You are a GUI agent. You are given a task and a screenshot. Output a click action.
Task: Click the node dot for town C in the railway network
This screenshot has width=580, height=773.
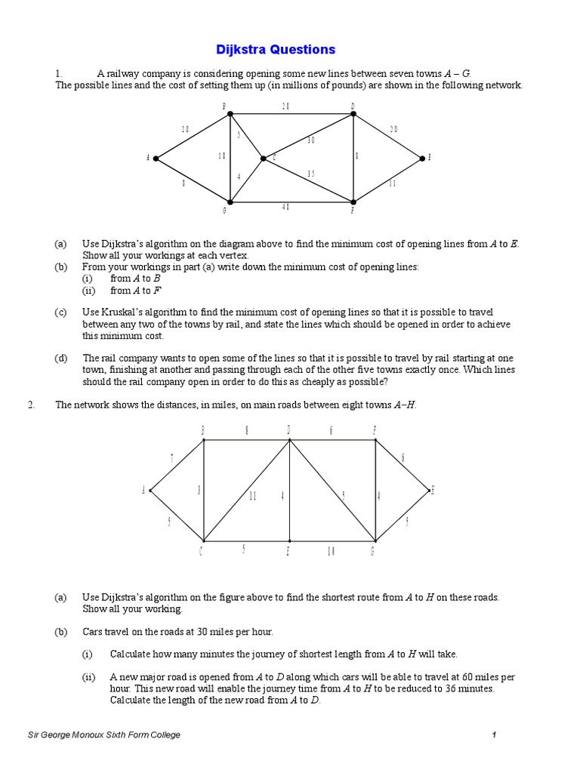pos(263,159)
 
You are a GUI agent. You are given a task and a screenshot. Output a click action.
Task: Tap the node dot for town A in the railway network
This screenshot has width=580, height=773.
pos(156,159)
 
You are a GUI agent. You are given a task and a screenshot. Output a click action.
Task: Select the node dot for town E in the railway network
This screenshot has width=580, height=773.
pos(423,159)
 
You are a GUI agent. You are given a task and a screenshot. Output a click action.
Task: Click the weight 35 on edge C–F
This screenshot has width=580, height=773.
pos(311,174)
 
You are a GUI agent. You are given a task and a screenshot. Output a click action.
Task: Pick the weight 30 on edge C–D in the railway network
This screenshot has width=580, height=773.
pos(311,140)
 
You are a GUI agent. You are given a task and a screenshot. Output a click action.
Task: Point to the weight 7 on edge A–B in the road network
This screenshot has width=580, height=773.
pos(172,458)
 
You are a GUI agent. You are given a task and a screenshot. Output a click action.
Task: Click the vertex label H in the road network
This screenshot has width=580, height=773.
pos(432,491)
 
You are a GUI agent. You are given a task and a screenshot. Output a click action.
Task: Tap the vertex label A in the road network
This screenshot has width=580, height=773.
pos(143,491)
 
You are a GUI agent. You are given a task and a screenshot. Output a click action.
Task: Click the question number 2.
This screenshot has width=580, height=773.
pos(32,405)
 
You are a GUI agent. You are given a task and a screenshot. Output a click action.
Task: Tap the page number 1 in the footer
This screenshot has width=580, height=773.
pos(493,735)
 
